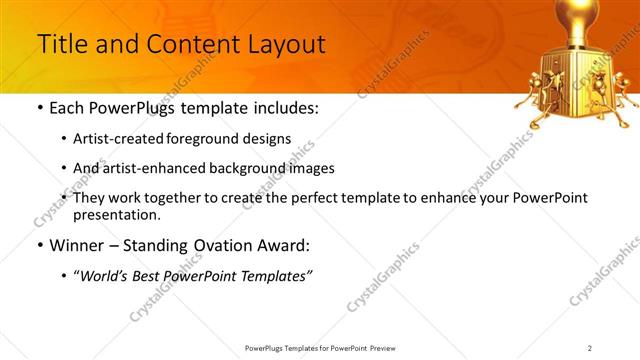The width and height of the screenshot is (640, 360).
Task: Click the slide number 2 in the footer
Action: click(590, 348)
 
